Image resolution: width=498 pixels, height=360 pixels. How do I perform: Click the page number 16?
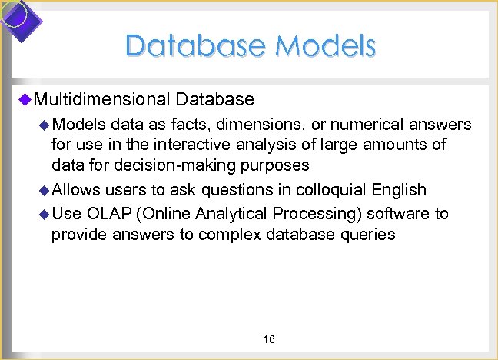pyautogui.click(x=269, y=339)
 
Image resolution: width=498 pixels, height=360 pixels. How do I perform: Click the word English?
pyautogui.click(x=399, y=190)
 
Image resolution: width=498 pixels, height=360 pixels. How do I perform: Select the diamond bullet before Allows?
pyautogui.click(x=44, y=190)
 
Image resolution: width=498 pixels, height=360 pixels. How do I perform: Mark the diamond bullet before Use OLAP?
pyautogui.click(x=44, y=214)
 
